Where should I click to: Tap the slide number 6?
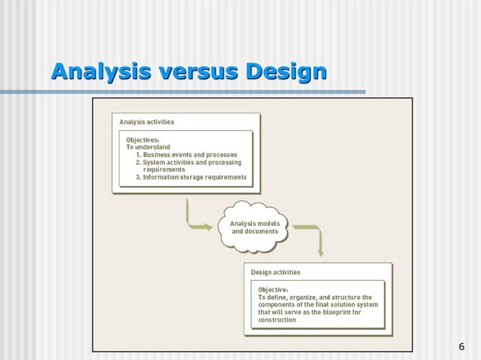pos(461,346)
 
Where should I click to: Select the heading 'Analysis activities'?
pos(146,121)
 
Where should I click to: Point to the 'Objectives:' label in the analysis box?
pos(142,139)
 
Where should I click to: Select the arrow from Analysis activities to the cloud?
pos(197,219)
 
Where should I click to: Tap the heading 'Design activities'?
pos(275,272)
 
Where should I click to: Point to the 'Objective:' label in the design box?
pos(273,289)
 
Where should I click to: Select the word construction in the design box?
pos(277,320)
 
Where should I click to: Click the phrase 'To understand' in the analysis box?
pos(148,147)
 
